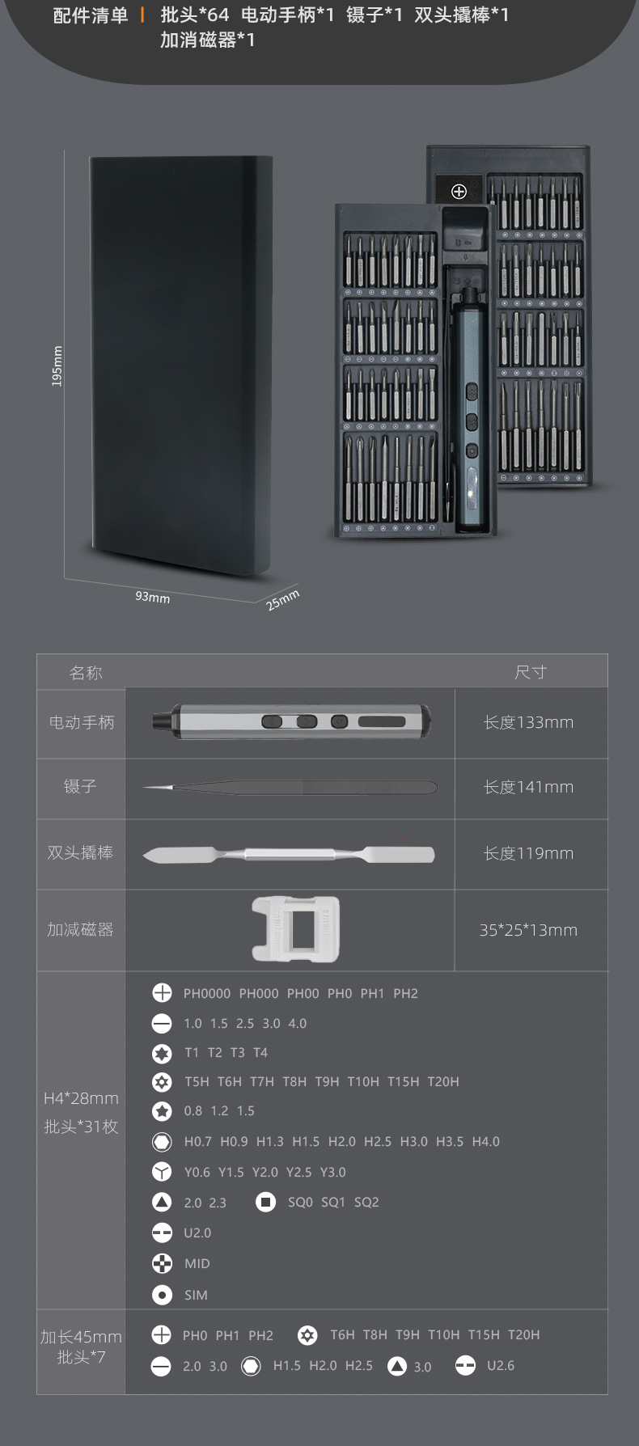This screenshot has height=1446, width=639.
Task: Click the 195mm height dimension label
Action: pos(57,366)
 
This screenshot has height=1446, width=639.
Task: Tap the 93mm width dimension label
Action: pos(152,597)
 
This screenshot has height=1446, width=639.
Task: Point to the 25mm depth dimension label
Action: pos(283,599)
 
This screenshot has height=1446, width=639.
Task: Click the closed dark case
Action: pos(180,366)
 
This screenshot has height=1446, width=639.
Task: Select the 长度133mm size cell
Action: pos(528,723)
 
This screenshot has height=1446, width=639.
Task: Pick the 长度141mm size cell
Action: pos(528,787)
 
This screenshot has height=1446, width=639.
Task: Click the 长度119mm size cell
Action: pos(528,853)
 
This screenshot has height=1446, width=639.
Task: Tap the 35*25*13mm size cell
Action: pos(528,930)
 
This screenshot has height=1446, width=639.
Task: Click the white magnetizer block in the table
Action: pos(295,929)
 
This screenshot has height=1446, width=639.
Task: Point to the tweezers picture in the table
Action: pos(290,787)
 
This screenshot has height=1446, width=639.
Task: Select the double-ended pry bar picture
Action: pos(289,854)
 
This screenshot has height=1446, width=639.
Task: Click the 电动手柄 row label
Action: pos(81,723)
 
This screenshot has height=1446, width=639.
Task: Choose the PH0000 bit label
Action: pos(207,994)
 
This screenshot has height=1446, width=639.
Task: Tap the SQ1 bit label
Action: pos(333,1203)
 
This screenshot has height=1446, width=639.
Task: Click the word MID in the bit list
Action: pos(197,1264)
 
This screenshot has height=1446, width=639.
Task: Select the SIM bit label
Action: pos(196,1295)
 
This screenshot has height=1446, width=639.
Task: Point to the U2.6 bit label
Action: pos(501,1366)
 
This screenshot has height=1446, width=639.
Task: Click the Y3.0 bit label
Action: pos(332,1173)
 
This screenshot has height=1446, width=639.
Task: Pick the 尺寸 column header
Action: pos(531,672)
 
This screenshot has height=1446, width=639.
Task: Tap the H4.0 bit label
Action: pos(486,1142)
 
